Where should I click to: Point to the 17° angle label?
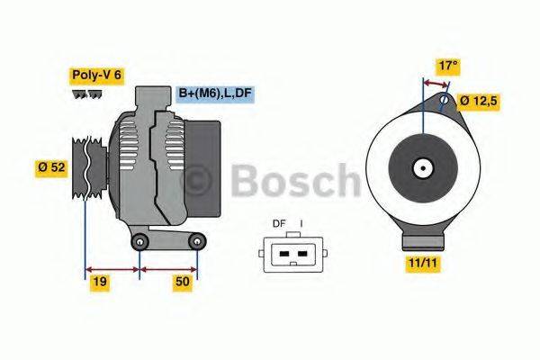(447, 66)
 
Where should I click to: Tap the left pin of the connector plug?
(283, 254)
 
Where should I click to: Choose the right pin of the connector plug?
(302, 254)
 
